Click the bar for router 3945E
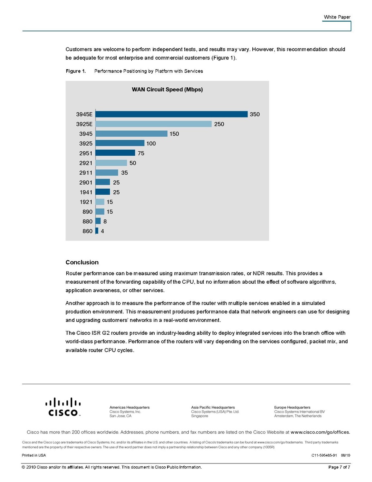[x=172, y=114]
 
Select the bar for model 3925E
[x=153, y=124]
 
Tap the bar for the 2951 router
[x=115, y=153]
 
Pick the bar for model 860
[x=97, y=231]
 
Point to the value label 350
[x=255, y=114]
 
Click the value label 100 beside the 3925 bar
[x=151, y=143]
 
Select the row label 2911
[x=86, y=173]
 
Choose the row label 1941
[x=86, y=192]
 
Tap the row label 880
[x=88, y=221]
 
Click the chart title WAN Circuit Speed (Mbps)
[x=167, y=90]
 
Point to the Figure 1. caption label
[x=76, y=71]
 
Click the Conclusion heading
[x=82, y=262]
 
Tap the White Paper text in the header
[x=337, y=17]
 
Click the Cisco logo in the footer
[x=63, y=407]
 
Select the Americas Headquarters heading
[x=129, y=408]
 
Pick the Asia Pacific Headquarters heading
[x=213, y=408]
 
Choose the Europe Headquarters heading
[x=292, y=408]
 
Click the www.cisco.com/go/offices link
[x=320, y=433]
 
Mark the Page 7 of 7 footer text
[x=339, y=467]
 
